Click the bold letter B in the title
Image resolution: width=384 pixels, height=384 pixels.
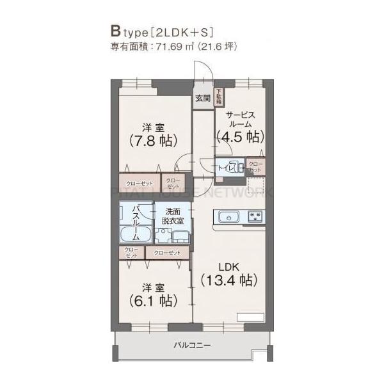[x=115, y=31]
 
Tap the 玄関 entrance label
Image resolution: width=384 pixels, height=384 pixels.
[x=203, y=98]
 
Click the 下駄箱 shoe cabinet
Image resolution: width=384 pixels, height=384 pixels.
[x=218, y=97]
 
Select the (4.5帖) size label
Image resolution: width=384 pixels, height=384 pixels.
[x=240, y=136]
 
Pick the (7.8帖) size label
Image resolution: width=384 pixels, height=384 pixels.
[x=153, y=141]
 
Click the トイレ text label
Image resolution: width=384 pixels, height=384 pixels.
[x=225, y=168]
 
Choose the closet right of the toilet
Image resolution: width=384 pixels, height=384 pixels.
[x=255, y=168]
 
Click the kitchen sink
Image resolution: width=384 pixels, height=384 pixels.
[x=228, y=216]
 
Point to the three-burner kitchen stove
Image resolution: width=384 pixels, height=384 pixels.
[x=256, y=216]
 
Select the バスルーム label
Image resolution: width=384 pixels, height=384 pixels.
[x=136, y=221]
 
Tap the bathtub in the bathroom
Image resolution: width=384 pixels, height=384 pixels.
[x=135, y=236]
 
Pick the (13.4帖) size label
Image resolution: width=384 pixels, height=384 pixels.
[x=228, y=280]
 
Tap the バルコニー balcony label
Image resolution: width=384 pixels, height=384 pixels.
[x=192, y=346]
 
